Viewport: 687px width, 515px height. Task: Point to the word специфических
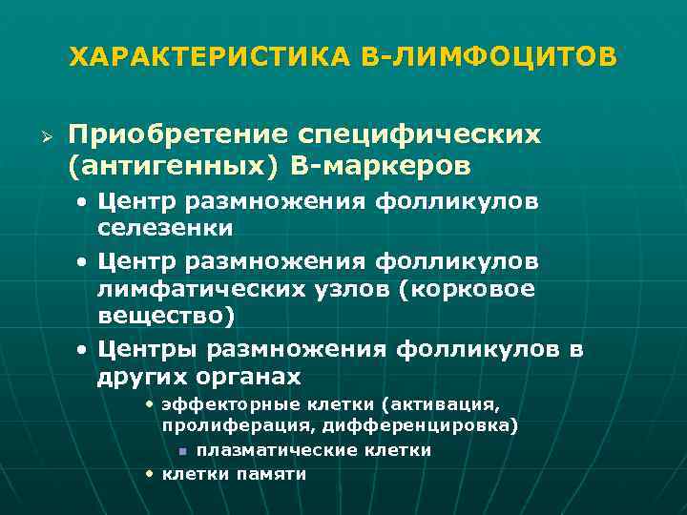426,134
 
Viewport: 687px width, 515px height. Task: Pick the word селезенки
165,230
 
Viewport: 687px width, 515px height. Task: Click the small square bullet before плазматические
181,450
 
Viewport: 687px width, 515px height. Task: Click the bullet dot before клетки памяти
151,471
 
